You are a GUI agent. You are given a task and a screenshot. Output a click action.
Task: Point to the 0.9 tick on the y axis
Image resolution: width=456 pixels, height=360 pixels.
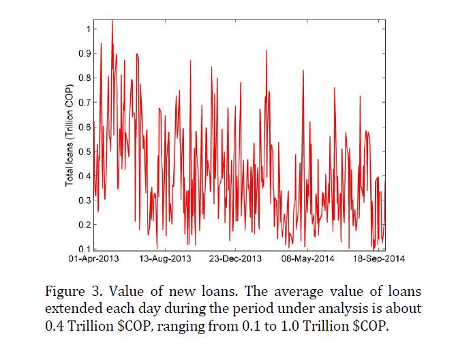click(85, 54)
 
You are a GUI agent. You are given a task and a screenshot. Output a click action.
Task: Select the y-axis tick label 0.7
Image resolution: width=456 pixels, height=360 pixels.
click(85, 102)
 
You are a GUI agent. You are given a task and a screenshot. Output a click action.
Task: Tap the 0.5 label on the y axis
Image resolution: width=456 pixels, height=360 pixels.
click(85, 151)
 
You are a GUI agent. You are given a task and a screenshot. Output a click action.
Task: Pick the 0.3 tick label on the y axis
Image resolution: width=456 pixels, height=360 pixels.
click(85, 200)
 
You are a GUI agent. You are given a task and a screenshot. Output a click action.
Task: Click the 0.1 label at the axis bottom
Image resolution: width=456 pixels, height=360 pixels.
click(85, 248)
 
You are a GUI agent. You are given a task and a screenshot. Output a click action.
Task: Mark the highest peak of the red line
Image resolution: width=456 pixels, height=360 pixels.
click(112, 20)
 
